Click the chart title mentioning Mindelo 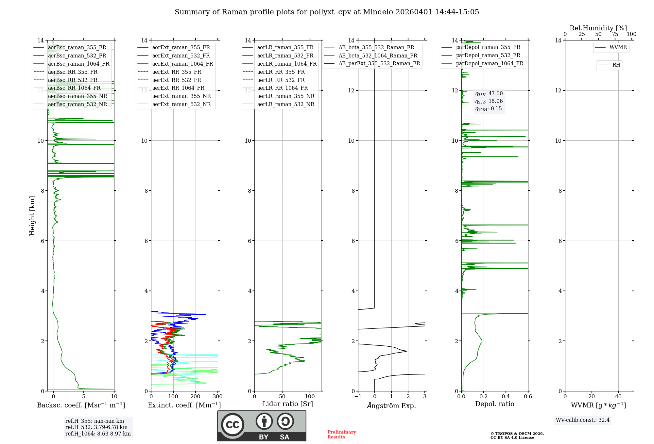point(327,12)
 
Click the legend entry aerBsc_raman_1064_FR point(78,64)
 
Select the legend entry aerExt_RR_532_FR point(177,80)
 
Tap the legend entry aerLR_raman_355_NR point(285,96)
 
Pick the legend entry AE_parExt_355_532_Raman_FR point(379,63)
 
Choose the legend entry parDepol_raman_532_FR point(488,55)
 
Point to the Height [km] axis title point(32,216)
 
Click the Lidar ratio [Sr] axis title point(288,404)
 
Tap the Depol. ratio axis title point(494,404)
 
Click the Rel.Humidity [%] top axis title point(598,28)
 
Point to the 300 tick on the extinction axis point(217,397)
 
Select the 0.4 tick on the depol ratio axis point(506,397)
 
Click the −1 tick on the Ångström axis point(358,397)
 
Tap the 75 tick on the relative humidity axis point(615,34)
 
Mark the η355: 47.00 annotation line point(489,94)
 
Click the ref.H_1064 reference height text point(98,434)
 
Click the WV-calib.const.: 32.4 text point(583,420)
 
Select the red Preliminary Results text point(341,435)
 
